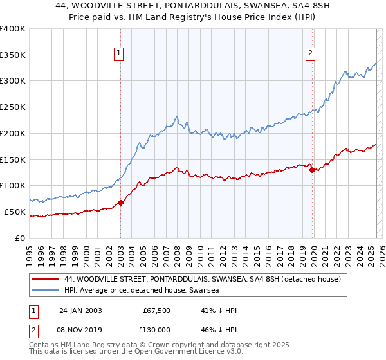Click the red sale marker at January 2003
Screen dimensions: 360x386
120,203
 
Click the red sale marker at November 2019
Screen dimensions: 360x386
312,170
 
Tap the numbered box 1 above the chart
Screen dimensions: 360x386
120,54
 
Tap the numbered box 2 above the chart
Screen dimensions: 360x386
311,54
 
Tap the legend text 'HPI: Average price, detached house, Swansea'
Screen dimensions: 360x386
142,290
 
